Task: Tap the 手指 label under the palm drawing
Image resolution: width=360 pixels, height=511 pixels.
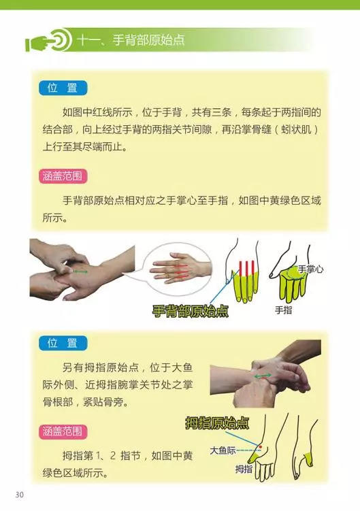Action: (283, 309)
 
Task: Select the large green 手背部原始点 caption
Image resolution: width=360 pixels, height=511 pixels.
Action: (190, 312)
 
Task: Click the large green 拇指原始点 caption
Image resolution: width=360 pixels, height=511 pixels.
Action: (217, 423)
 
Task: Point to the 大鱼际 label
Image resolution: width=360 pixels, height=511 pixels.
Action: (223, 450)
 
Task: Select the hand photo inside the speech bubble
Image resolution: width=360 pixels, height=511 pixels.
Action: (178, 269)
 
